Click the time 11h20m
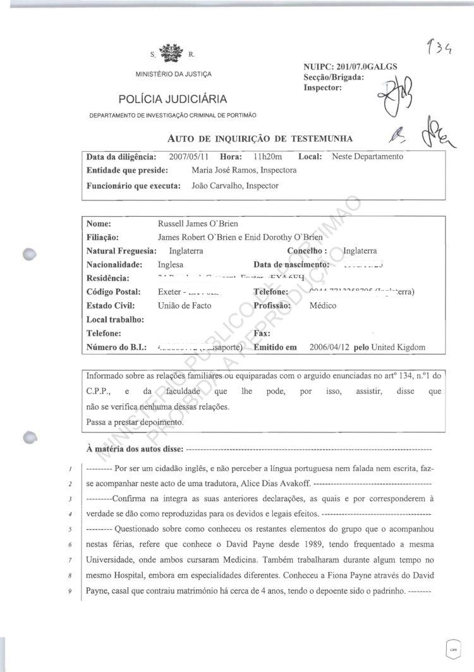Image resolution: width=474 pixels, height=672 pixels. (268, 156)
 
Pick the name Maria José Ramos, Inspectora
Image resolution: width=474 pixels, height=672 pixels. (243, 170)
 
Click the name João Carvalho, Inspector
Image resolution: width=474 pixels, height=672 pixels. (234, 186)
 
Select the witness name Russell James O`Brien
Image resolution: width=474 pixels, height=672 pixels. (198, 224)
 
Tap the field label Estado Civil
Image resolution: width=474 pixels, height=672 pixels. (108, 306)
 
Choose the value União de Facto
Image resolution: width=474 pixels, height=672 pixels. (185, 306)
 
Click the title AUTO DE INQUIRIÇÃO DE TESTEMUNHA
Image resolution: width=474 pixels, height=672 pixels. (260, 138)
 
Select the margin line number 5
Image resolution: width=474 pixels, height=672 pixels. (72, 528)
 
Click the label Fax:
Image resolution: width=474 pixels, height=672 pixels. (262, 333)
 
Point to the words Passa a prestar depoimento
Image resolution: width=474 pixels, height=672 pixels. (135, 422)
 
